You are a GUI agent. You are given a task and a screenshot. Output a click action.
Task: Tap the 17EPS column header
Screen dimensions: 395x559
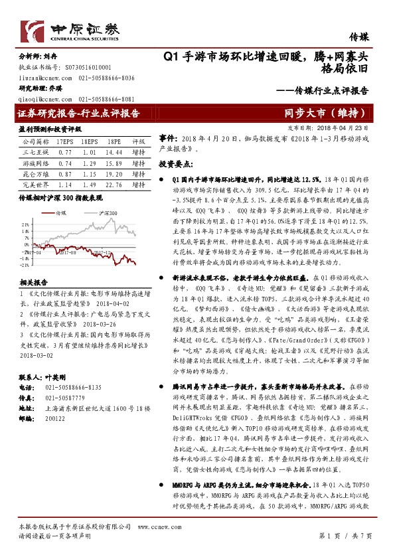[64, 141]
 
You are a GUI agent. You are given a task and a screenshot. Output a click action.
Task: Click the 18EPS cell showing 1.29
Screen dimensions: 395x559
[89, 162]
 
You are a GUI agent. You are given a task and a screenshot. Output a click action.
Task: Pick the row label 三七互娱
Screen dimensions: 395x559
[35, 151]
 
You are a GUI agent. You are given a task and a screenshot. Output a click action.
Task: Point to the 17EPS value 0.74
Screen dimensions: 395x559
[64, 162]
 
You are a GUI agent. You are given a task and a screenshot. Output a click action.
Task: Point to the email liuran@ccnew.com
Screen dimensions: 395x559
[40, 78]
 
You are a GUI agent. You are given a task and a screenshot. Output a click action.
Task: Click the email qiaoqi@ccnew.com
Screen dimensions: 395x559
[40, 98]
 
